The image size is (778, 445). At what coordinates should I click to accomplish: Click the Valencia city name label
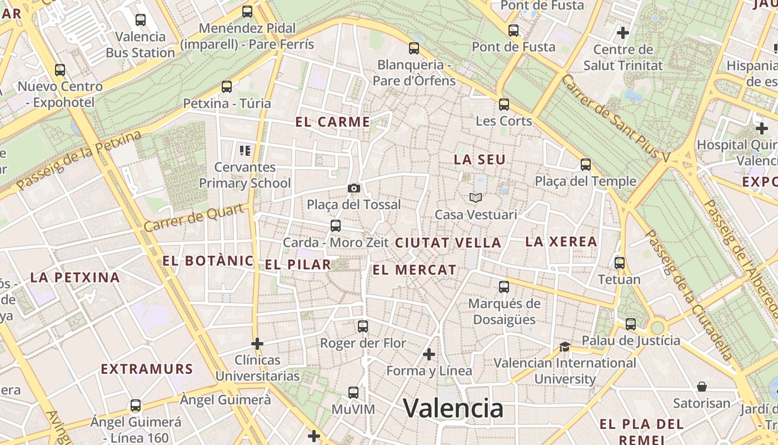(x=453, y=408)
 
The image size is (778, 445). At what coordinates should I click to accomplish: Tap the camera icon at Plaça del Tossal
(x=354, y=188)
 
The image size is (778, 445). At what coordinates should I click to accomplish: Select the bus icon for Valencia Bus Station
(x=141, y=20)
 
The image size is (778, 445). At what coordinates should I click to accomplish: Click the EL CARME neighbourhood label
(x=333, y=122)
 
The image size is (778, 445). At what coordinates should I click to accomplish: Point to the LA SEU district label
(x=480, y=160)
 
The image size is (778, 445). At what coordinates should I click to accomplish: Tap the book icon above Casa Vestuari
(x=476, y=197)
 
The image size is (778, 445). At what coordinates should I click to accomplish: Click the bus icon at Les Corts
(x=504, y=104)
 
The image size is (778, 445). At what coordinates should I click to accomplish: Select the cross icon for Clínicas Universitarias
(x=257, y=344)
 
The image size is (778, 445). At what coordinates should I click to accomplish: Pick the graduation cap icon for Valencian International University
(x=565, y=347)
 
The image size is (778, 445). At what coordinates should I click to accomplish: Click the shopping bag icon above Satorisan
(x=702, y=387)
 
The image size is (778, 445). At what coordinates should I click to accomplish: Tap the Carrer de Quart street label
(x=194, y=217)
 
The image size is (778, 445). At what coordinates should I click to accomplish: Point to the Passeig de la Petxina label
(x=79, y=161)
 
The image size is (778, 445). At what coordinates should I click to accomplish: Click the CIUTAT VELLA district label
(x=448, y=243)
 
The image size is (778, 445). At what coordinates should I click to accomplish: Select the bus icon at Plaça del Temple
(x=585, y=164)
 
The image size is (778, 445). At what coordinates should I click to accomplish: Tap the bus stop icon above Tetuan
(x=619, y=263)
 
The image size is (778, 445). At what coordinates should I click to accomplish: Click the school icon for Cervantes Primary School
(x=245, y=150)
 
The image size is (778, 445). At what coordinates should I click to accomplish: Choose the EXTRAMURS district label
(x=147, y=369)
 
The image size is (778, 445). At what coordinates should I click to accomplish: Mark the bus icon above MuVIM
(x=353, y=393)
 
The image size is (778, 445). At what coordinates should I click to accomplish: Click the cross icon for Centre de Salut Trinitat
(x=623, y=33)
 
